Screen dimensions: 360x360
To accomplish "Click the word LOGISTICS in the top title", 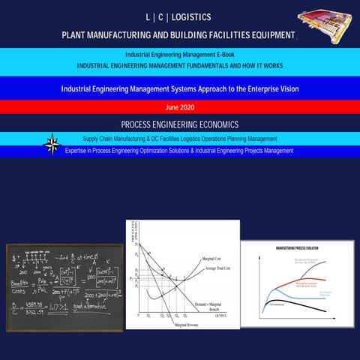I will [191, 16].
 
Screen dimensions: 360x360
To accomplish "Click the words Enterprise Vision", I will [267, 88].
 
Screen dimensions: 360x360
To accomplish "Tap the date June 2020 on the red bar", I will [181, 106].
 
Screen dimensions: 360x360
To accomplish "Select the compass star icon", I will [52, 145].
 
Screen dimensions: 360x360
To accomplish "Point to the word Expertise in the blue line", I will [80, 150].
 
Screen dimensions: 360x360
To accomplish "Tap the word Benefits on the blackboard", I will [23, 285].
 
